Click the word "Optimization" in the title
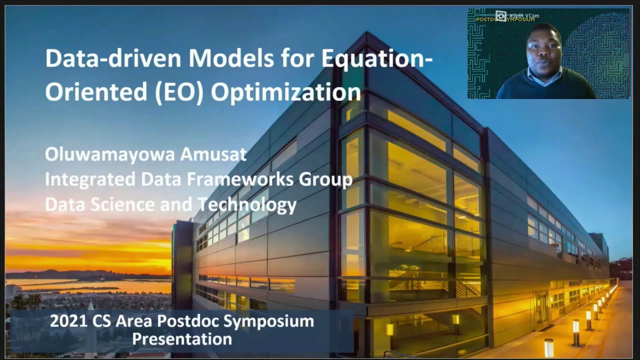coord(285,93)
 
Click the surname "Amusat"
coord(215,154)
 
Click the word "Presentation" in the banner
coord(182,339)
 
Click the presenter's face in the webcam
coord(544,50)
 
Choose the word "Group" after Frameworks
coord(329,179)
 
